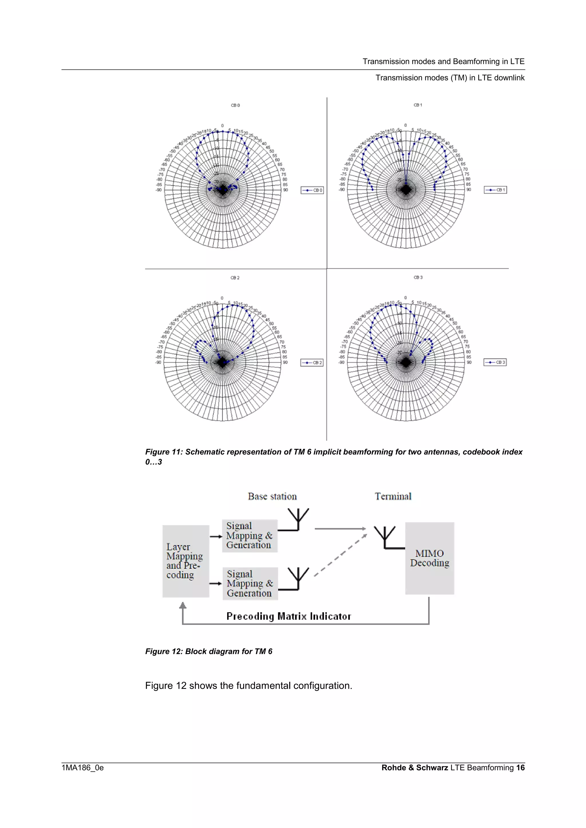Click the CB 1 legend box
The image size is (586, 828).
click(495, 190)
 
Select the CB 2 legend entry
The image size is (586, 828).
click(312, 363)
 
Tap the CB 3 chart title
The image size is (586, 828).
click(418, 277)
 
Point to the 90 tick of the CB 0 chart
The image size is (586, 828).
click(285, 190)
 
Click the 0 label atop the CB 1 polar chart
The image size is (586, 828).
click(405, 125)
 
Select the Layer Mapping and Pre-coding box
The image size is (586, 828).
click(186, 561)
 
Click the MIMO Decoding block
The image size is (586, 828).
click(429, 558)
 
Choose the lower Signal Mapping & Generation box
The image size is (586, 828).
click(250, 583)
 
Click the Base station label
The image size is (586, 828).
click(272, 496)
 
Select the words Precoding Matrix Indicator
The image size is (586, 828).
click(288, 616)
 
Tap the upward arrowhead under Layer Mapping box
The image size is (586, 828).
click(183, 605)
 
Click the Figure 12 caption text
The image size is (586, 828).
click(209, 651)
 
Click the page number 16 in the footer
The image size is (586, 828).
click(520, 767)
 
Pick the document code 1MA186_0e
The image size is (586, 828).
click(83, 768)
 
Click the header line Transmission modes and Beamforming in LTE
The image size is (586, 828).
click(444, 61)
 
